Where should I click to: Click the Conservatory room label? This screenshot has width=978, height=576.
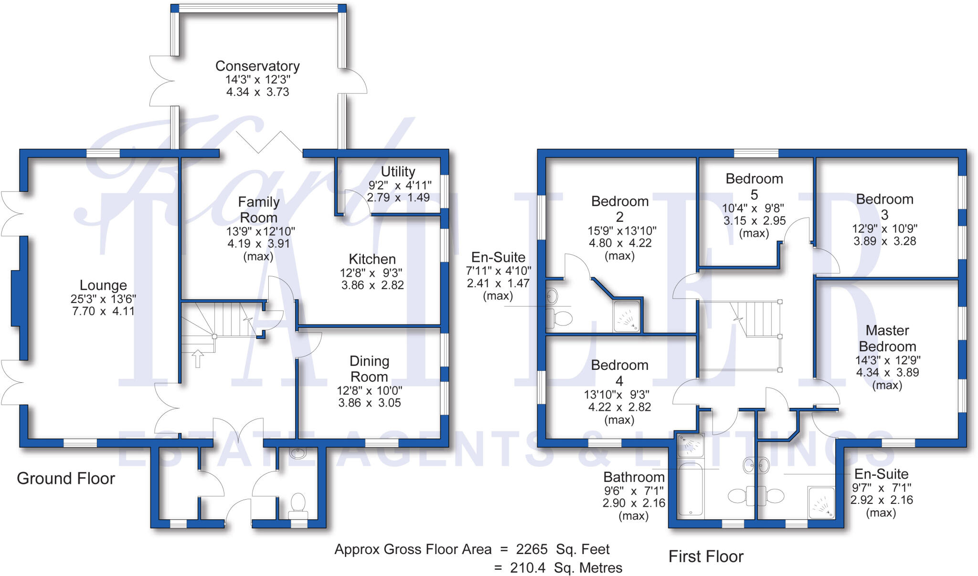[x=257, y=66]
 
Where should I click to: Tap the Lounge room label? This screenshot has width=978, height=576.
[x=103, y=285]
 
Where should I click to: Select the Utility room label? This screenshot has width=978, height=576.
[x=398, y=171]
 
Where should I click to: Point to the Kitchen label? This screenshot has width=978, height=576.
[x=372, y=259]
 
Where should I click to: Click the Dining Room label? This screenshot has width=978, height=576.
[x=369, y=369]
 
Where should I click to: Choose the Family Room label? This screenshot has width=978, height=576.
[x=258, y=209]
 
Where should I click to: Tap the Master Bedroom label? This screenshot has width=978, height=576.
[x=887, y=338]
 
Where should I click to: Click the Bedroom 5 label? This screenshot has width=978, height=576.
[x=754, y=186]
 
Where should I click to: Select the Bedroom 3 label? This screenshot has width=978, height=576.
[x=884, y=207]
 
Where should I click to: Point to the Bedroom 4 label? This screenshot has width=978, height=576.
[x=619, y=373]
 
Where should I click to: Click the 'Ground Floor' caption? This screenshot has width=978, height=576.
[x=66, y=478]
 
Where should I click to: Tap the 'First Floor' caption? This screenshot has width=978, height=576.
[x=706, y=556]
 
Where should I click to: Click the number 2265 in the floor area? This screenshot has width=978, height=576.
[x=532, y=549]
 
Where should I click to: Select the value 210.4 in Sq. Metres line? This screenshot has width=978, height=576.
[x=527, y=568]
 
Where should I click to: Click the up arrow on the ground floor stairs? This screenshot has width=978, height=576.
[x=198, y=358]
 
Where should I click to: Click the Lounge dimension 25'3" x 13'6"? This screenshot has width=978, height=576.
[x=103, y=299]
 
